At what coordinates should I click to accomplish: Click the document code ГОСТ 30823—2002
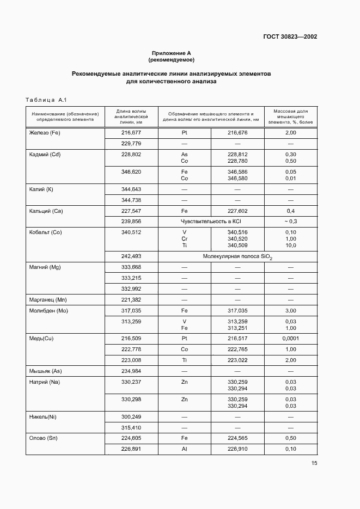tap(290, 37)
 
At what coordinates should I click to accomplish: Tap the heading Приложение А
tap(171, 53)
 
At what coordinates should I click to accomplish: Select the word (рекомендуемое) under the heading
tap(171, 60)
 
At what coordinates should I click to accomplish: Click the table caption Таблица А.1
tap(46, 100)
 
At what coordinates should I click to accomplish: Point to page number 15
tap(314, 463)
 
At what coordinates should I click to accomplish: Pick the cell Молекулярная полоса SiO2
tap(237, 256)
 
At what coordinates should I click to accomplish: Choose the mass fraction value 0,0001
tap(290, 338)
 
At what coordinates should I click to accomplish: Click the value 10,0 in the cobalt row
tap(290, 245)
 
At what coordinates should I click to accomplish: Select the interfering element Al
tap(184, 449)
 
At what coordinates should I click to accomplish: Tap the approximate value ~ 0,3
tap(290, 222)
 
